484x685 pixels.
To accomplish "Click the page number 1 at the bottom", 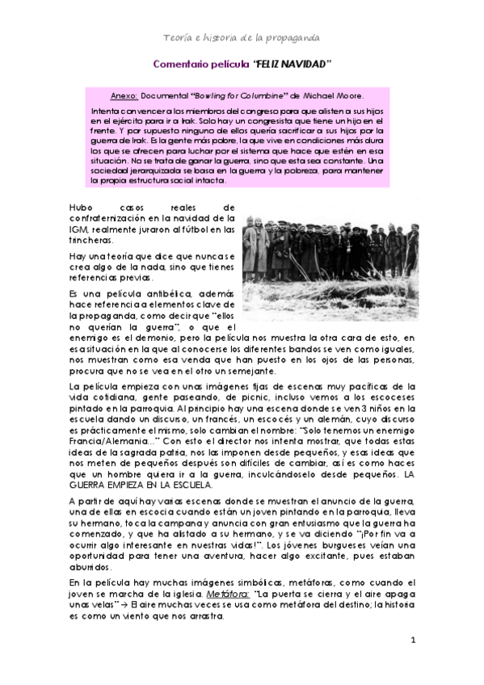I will pos(413,641).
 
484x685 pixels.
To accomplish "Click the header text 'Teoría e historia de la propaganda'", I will pos(242,38).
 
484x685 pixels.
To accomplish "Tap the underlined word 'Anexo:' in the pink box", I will pos(123,94).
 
